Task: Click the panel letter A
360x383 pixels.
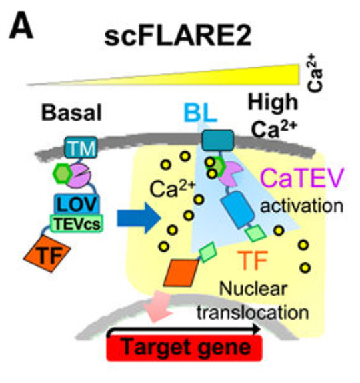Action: click(x=21, y=27)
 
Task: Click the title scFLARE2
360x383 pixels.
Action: click(x=178, y=37)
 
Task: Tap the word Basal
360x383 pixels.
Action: click(x=71, y=113)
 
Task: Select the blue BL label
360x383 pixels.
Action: click(x=201, y=113)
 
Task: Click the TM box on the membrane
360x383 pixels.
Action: click(x=81, y=147)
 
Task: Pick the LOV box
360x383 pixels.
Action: click(x=77, y=204)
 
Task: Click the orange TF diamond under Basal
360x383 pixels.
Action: click(x=47, y=254)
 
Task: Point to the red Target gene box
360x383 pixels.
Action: click(x=185, y=348)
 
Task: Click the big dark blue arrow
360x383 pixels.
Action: click(x=139, y=218)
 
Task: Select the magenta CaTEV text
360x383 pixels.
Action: click(x=302, y=178)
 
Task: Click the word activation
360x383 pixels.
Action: click(x=302, y=206)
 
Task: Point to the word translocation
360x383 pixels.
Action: click(x=253, y=312)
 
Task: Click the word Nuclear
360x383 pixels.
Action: click(x=253, y=289)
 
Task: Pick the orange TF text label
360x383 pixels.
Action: click(x=253, y=260)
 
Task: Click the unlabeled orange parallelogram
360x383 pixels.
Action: click(x=181, y=273)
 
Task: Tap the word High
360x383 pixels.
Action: click(x=273, y=103)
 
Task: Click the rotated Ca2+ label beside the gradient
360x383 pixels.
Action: click(x=315, y=73)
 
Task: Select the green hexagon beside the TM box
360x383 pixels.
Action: click(x=63, y=173)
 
